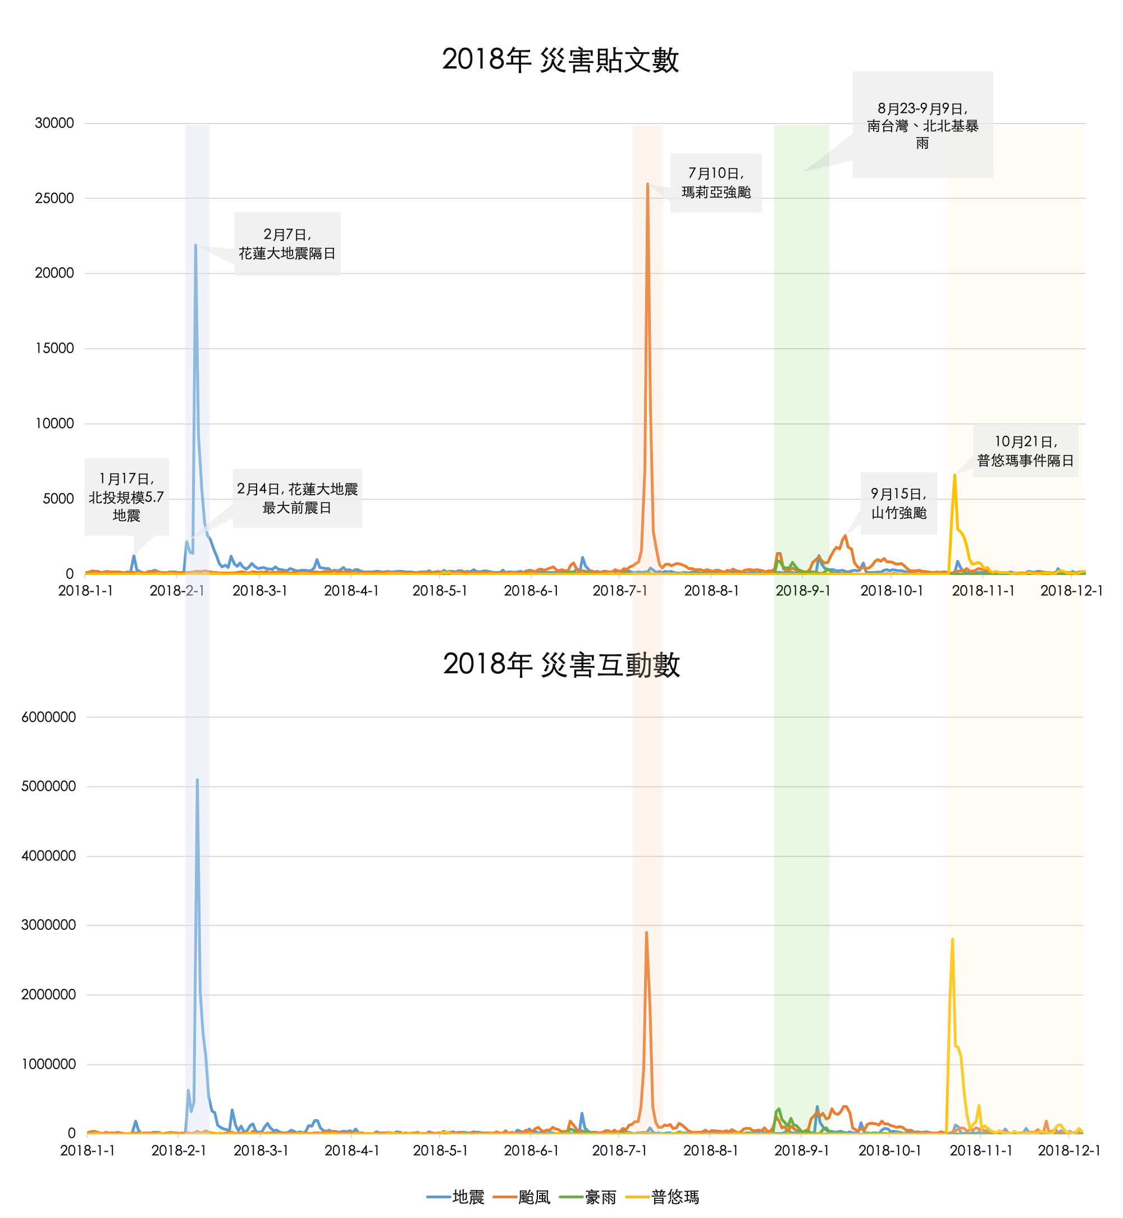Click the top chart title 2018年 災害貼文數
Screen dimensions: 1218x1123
(x=560, y=60)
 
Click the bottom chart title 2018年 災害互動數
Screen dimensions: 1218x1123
(x=561, y=664)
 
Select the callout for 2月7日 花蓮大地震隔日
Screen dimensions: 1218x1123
(x=287, y=244)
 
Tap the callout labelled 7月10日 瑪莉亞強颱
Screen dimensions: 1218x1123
(x=716, y=183)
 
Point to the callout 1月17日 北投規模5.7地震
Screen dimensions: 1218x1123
(x=126, y=496)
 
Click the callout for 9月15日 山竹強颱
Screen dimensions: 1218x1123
(x=898, y=503)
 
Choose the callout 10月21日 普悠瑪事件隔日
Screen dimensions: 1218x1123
(x=1025, y=451)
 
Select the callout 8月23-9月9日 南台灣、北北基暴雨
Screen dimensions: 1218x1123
(x=923, y=125)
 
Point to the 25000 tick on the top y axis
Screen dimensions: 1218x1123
(x=54, y=198)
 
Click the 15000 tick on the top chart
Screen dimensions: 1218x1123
(x=54, y=348)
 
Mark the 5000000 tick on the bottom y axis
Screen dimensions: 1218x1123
(x=49, y=786)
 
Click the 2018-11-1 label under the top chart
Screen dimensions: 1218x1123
(x=983, y=591)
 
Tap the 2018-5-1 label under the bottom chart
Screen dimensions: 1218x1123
(x=441, y=1151)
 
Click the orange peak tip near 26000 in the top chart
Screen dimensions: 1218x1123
(x=648, y=184)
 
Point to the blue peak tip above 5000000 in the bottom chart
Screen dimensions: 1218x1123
(x=197, y=780)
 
